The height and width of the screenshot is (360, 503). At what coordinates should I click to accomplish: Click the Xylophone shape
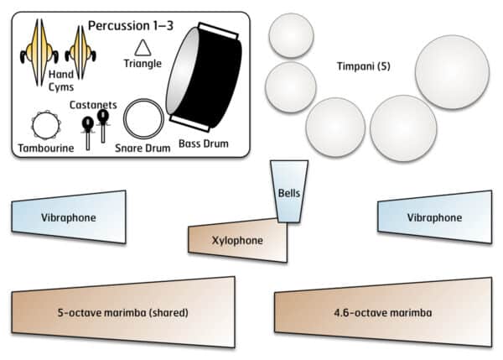tap(238, 239)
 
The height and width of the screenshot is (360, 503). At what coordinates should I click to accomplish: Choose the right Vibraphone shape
tap(434, 217)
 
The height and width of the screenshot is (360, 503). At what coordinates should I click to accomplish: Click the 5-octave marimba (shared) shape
tap(122, 312)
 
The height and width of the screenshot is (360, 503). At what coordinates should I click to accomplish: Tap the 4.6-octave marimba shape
tap(382, 312)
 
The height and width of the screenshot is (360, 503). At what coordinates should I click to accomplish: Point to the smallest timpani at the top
tap(291, 36)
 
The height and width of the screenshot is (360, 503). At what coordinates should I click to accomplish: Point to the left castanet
tap(86, 130)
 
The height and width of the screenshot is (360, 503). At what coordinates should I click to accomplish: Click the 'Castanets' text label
tap(94, 105)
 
